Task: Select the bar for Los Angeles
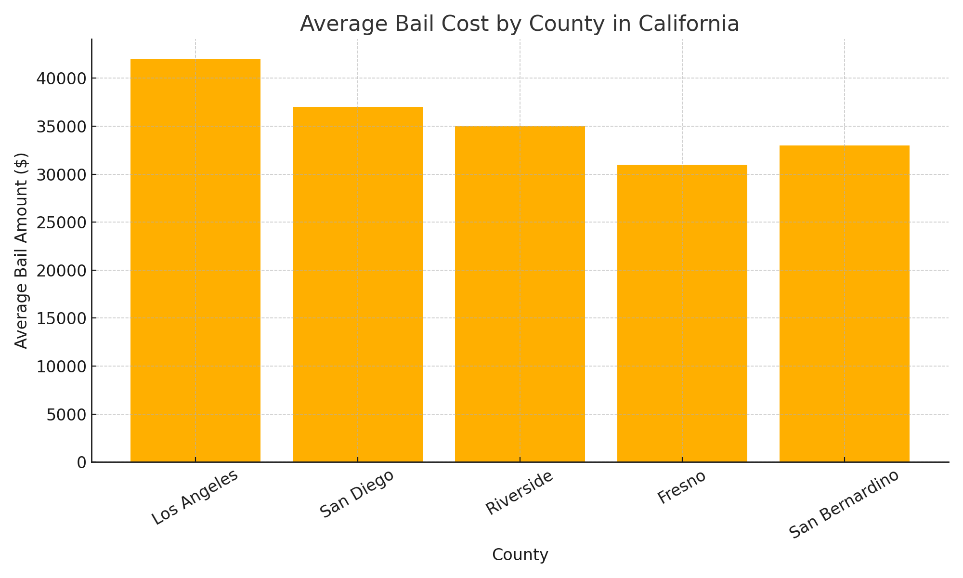click(195, 260)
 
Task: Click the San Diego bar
click(358, 284)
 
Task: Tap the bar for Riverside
click(520, 294)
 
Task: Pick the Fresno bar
click(682, 313)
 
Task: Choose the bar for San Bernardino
click(845, 303)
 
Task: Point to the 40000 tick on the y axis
click(61, 79)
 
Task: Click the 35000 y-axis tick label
click(61, 127)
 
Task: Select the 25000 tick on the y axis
click(61, 223)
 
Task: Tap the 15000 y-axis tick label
click(61, 318)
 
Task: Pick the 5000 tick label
click(66, 414)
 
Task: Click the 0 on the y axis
click(81, 462)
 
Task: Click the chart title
click(520, 24)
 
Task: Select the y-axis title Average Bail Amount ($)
click(22, 250)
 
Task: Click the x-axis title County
click(520, 555)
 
